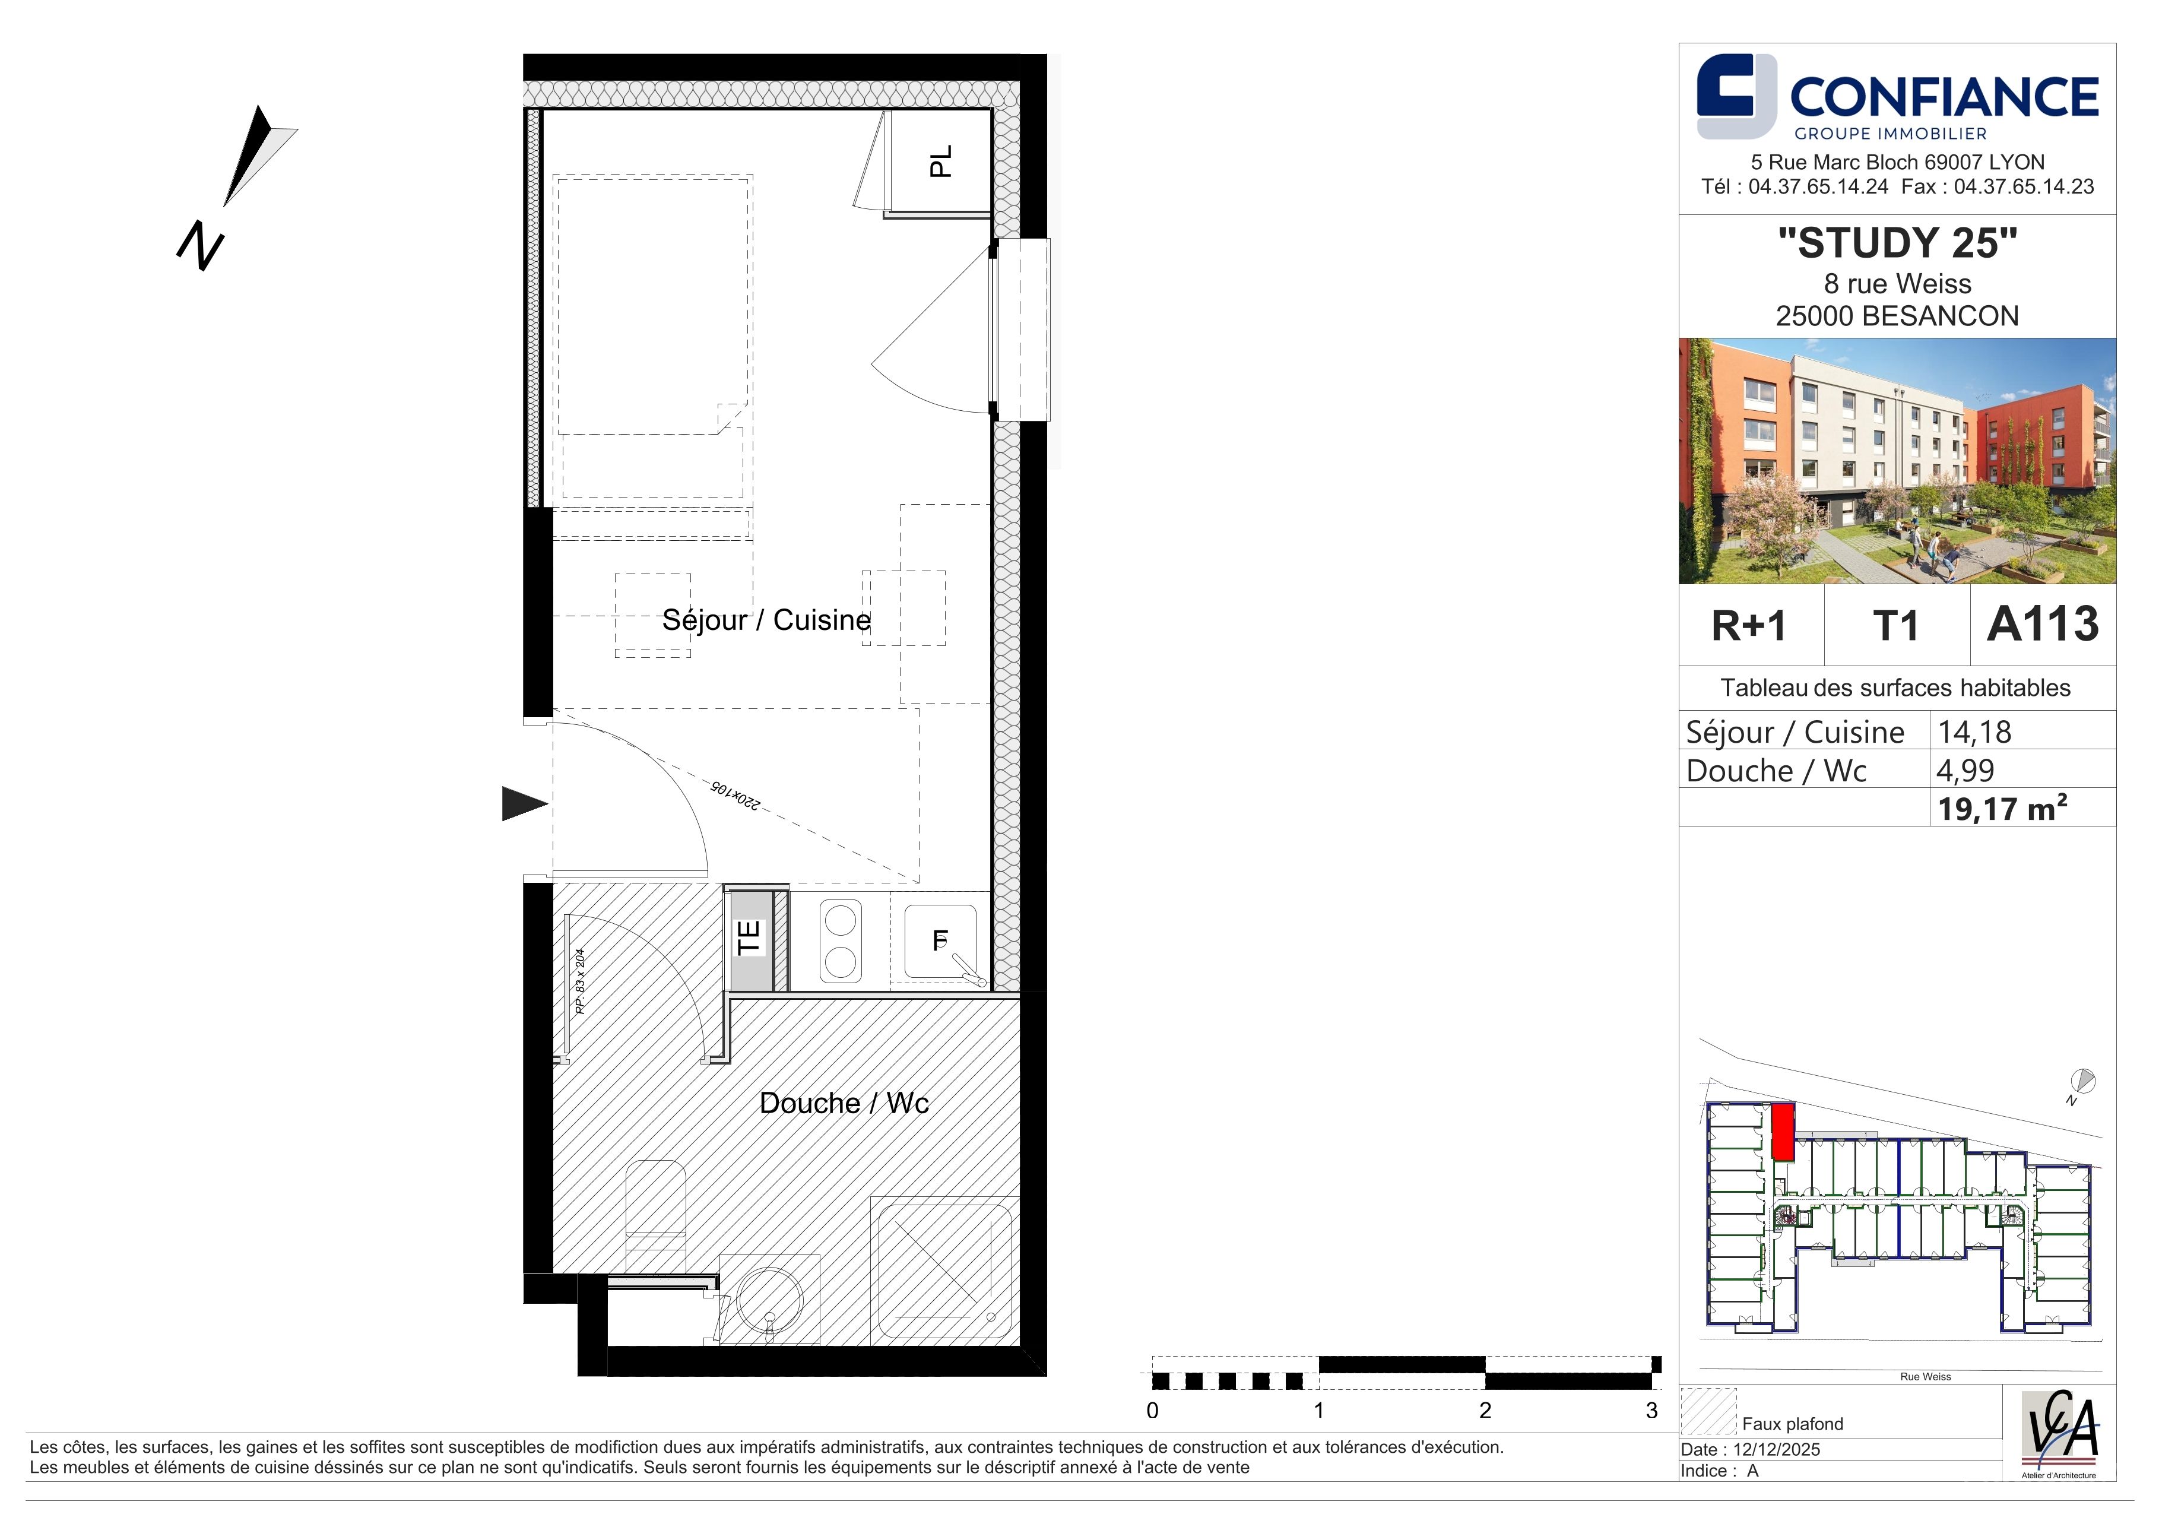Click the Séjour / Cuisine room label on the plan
(x=766, y=620)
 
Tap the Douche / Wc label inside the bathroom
(x=844, y=1103)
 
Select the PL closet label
(x=940, y=161)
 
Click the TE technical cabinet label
(x=749, y=937)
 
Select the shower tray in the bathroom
(x=942, y=1271)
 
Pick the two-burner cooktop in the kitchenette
(x=840, y=941)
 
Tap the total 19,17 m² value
(x=2002, y=807)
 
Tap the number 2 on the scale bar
(x=1485, y=1411)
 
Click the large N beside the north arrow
(x=200, y=246)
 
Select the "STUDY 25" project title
(x=1898, y=243)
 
